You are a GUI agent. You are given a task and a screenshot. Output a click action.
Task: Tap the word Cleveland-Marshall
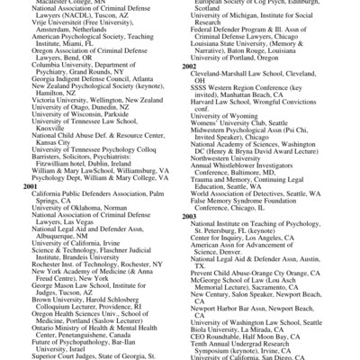[x=225, y=75]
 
